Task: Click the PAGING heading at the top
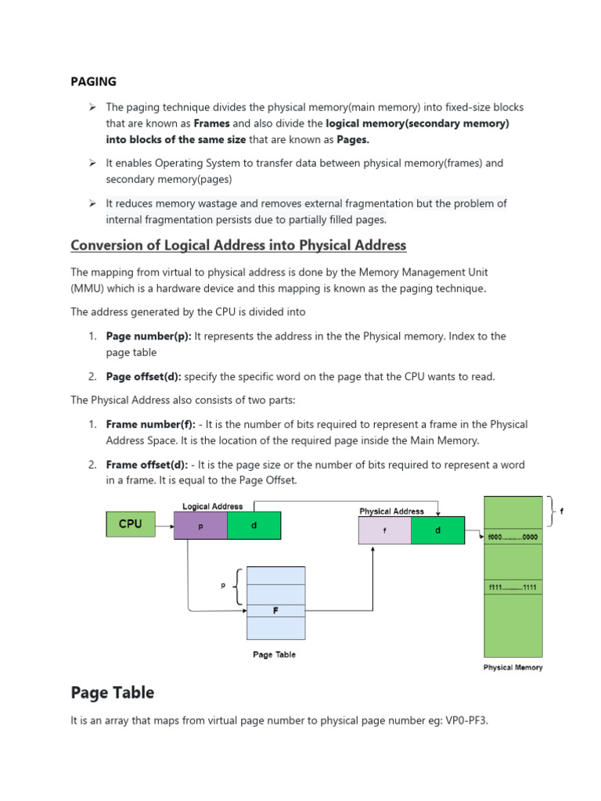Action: click(93, 81)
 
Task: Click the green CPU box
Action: click(130, 524)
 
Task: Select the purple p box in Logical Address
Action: click(201, 526)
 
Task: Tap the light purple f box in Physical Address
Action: click(383, 530)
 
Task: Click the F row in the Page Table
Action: click(275, 610)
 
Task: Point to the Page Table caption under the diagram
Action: click(274, 655)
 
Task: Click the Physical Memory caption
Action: click(513, 667)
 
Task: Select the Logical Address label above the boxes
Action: click(212, 506)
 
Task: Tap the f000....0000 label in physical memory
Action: click(513, 538)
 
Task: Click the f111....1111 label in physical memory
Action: click(513, 587)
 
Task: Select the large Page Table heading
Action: click(113, 692)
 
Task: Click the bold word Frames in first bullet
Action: click(211, 124)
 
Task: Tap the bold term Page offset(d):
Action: click(144, 376)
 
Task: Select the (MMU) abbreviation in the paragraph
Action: click(87, 288)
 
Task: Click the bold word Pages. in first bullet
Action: click(353, 139)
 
